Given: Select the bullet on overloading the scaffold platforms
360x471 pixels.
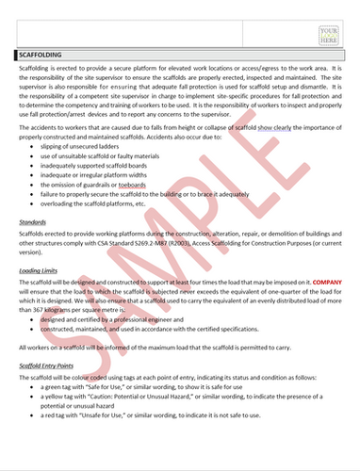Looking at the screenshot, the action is click(109, 202).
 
